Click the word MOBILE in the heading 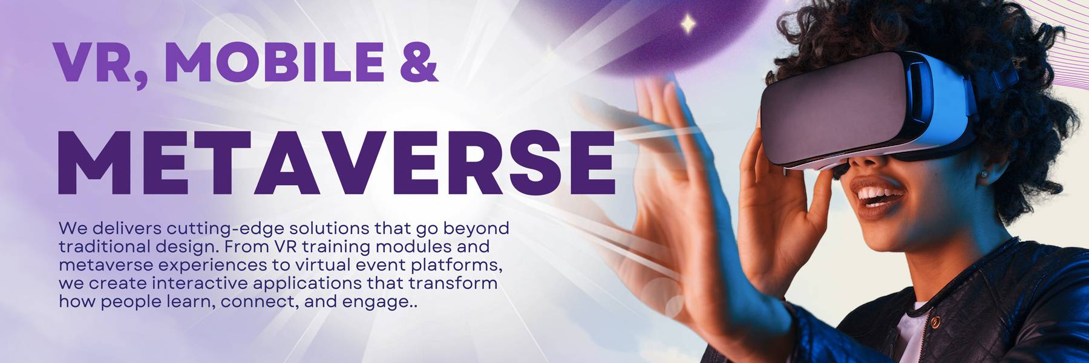pos(274,62)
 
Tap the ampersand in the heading pos(418,62)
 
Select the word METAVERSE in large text pos(336,163)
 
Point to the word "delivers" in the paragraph pos(127,229)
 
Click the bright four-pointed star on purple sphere pos(688,24)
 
